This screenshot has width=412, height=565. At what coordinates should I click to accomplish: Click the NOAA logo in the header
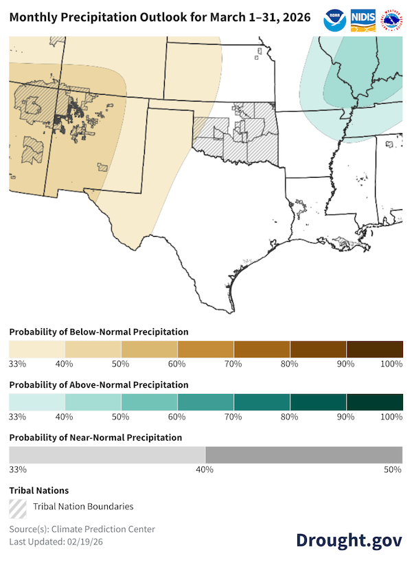[x=334, y=17]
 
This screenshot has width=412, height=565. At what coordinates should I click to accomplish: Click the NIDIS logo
[x=363, y=17]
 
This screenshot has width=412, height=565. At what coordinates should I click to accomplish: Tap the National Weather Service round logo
[x=391, y=17]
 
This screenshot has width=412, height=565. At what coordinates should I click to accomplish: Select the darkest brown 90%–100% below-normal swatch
[x=374, y=349]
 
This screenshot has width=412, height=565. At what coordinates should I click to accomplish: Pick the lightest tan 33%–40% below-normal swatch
[x=37, y=349]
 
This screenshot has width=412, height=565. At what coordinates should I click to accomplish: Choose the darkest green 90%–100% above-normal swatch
[x=374, y=402]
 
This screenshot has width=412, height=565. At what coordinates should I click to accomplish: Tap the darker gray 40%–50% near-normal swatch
[x=304, y=454]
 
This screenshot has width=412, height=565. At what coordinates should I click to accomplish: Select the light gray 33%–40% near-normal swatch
[x=106, y=454]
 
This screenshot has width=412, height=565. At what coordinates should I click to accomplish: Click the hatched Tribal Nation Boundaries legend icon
[x=18, y=507]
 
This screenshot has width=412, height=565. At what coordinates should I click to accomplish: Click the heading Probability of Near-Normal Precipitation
[x=95, y=437]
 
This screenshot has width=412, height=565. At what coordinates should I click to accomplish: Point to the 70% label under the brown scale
[x=233, y=364]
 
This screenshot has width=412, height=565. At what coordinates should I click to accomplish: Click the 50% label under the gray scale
[x=392, y=470]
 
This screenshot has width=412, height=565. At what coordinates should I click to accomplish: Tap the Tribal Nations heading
[x=38, y=490]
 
